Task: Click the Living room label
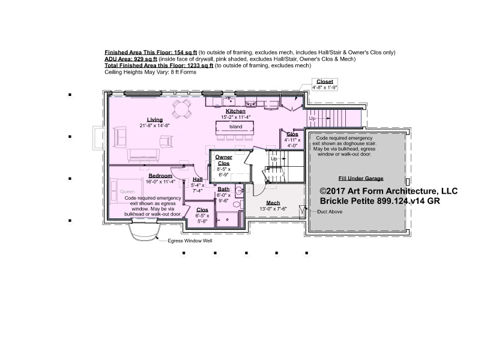[154, 120]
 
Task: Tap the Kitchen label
[235, 111]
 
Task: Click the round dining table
[181, 109]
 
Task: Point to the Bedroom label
[160, 176]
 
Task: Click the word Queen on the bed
[127, 192]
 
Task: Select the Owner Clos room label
[223, 160]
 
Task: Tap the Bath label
[223, 190]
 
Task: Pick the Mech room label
[273, 203]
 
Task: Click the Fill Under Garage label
[361, 178]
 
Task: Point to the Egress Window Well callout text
[190, 241]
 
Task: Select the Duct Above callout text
[330, 212]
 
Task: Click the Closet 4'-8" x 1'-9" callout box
[324, 84]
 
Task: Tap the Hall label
[198, 179]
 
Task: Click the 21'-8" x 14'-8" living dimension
[154, 125]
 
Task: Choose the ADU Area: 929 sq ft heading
[131, 59]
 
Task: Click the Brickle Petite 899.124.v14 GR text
[380, 201]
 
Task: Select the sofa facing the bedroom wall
[144, 155]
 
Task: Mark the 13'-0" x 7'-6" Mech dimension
[273, 209]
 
